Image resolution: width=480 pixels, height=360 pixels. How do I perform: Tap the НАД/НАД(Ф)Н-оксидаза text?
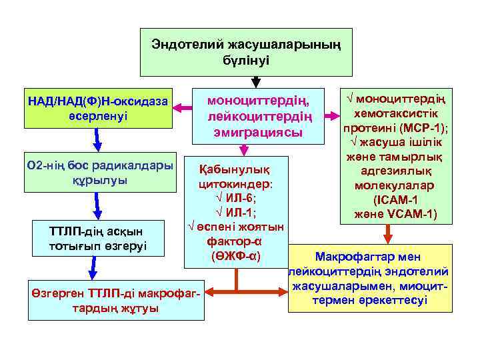coord(97,101)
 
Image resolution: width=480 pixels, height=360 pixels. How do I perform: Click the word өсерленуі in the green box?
coord(97,115)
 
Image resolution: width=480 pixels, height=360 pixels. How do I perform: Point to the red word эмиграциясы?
coord(259,133)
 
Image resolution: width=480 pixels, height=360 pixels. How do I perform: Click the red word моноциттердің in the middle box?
coord(259,101)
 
